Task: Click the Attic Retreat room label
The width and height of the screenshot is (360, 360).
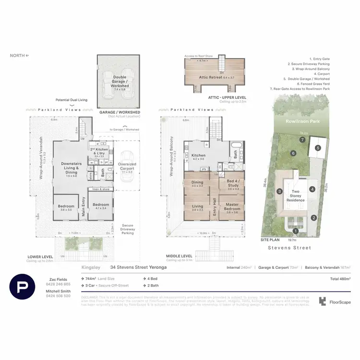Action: point(216,77)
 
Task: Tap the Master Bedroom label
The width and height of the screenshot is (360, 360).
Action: point(232,206)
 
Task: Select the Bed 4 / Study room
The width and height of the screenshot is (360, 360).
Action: point(232,184)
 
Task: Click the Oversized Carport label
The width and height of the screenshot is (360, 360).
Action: point(127,166)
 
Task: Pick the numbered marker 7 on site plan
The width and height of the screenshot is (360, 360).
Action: point(302,140)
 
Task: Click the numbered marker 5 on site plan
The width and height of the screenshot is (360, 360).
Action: point(318,148)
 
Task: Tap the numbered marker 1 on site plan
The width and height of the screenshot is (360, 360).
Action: point(296,231)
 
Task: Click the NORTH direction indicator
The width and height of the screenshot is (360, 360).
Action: point(19,56)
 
